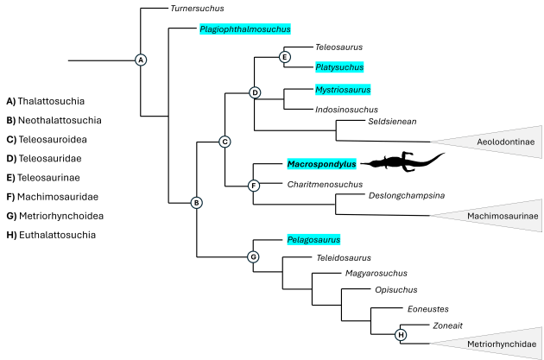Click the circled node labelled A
pyautogui.click(x=141, y=60)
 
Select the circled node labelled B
pyautogui.click(x=196, y=203)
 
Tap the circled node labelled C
pyautogui.click(x=225, y=142)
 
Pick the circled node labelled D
pyautogui.click(x=254, y=92)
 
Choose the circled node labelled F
pyautogui.click(x=253, y=186)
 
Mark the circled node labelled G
pyautogui.click(x=253, y=256)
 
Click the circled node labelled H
pyautogui.click(x=401, y=334)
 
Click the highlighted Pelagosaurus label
pyautogui.click(x=313, y=239)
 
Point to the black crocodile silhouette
pyautogui.click(x=402, y=161)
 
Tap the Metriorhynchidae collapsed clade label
pyautogui.click(x=502, y=344)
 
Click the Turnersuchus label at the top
pyautogui.click(x=197, y=9)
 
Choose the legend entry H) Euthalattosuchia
pyautogui.click(x=51, y=234)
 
